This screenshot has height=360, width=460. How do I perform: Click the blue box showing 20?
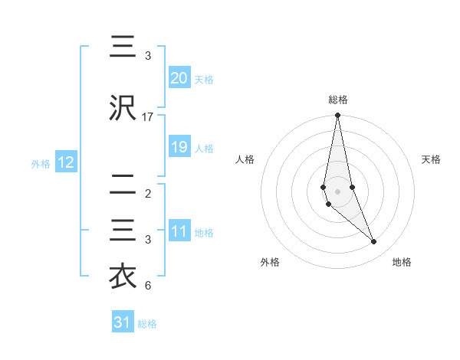tap(179, 78)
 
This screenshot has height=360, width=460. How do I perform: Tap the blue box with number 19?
tap(179, 147)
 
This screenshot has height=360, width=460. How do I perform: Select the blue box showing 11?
tap(179, 231)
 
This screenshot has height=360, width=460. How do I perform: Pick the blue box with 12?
tap(65, 162)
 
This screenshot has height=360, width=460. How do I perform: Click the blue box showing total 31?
tap(123, 322)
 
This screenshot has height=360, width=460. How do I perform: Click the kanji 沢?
tap(123, 109)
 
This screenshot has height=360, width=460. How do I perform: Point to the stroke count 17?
tap(148, 117)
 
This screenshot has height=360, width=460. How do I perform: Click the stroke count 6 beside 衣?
tap(148, 286)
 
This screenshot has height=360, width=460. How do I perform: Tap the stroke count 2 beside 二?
tap(148, 194)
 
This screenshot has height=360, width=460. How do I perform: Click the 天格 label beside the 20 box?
tap(204, 80)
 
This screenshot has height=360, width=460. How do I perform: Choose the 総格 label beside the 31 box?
tap(147, 324)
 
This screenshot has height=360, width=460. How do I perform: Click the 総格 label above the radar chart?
tap(337, 100)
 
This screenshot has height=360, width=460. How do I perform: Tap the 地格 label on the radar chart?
tap(402, 263)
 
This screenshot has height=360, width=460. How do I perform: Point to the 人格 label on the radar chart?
tap(245, 159)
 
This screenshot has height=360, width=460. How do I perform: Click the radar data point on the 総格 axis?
tap(337, 116)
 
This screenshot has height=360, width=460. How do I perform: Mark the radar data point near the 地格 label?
tap(374, 242)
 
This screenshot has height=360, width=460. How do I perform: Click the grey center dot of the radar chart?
tap(337, 191)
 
